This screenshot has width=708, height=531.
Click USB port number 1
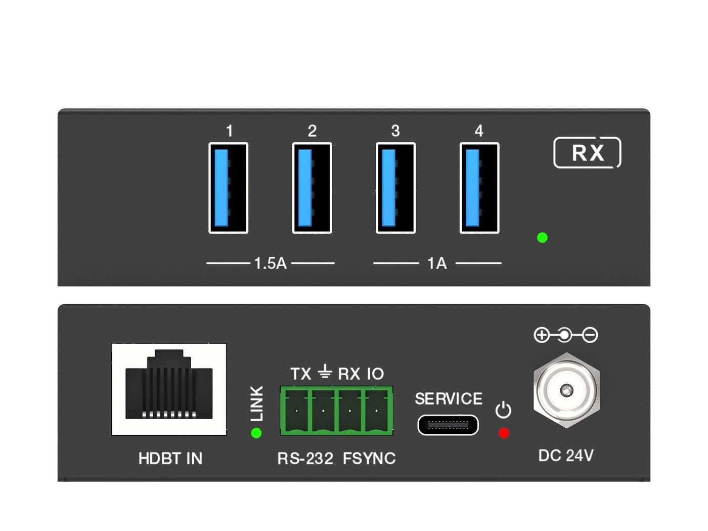click(x=228, y=188)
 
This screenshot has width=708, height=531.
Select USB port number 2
click(x=312, y=188)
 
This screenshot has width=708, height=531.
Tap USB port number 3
click(x=395, y=188)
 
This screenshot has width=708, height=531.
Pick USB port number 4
click(x=479, y=188)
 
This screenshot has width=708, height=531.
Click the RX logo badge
click(x=587, y=152)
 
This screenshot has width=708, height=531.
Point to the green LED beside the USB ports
click(x=542, y=237)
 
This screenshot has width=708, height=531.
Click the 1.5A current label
click(x=270, y=263)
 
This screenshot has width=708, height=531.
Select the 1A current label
click(x=437, y=263)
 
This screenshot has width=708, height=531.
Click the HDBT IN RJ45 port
click(x=169, y=389)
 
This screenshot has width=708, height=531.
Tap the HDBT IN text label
click(x=170, y=459)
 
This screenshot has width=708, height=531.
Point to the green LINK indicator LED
click(x=256, y=433)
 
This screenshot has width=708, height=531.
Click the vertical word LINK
click(x=257, y=403)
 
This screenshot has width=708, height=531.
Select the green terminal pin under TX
click(x=296, y=411)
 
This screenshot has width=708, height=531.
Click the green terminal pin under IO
click(x=376, y=411)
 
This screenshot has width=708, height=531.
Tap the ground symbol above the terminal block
click(x=325, y=373)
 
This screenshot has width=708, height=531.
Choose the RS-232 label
click(x=305, y=459)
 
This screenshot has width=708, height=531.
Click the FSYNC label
click(x=369, y=459)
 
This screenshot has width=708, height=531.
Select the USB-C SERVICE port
click(x=448, y=425)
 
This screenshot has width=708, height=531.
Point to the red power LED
click(x=504, y=433)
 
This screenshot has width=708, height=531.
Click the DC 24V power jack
click(x=566, y=390)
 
